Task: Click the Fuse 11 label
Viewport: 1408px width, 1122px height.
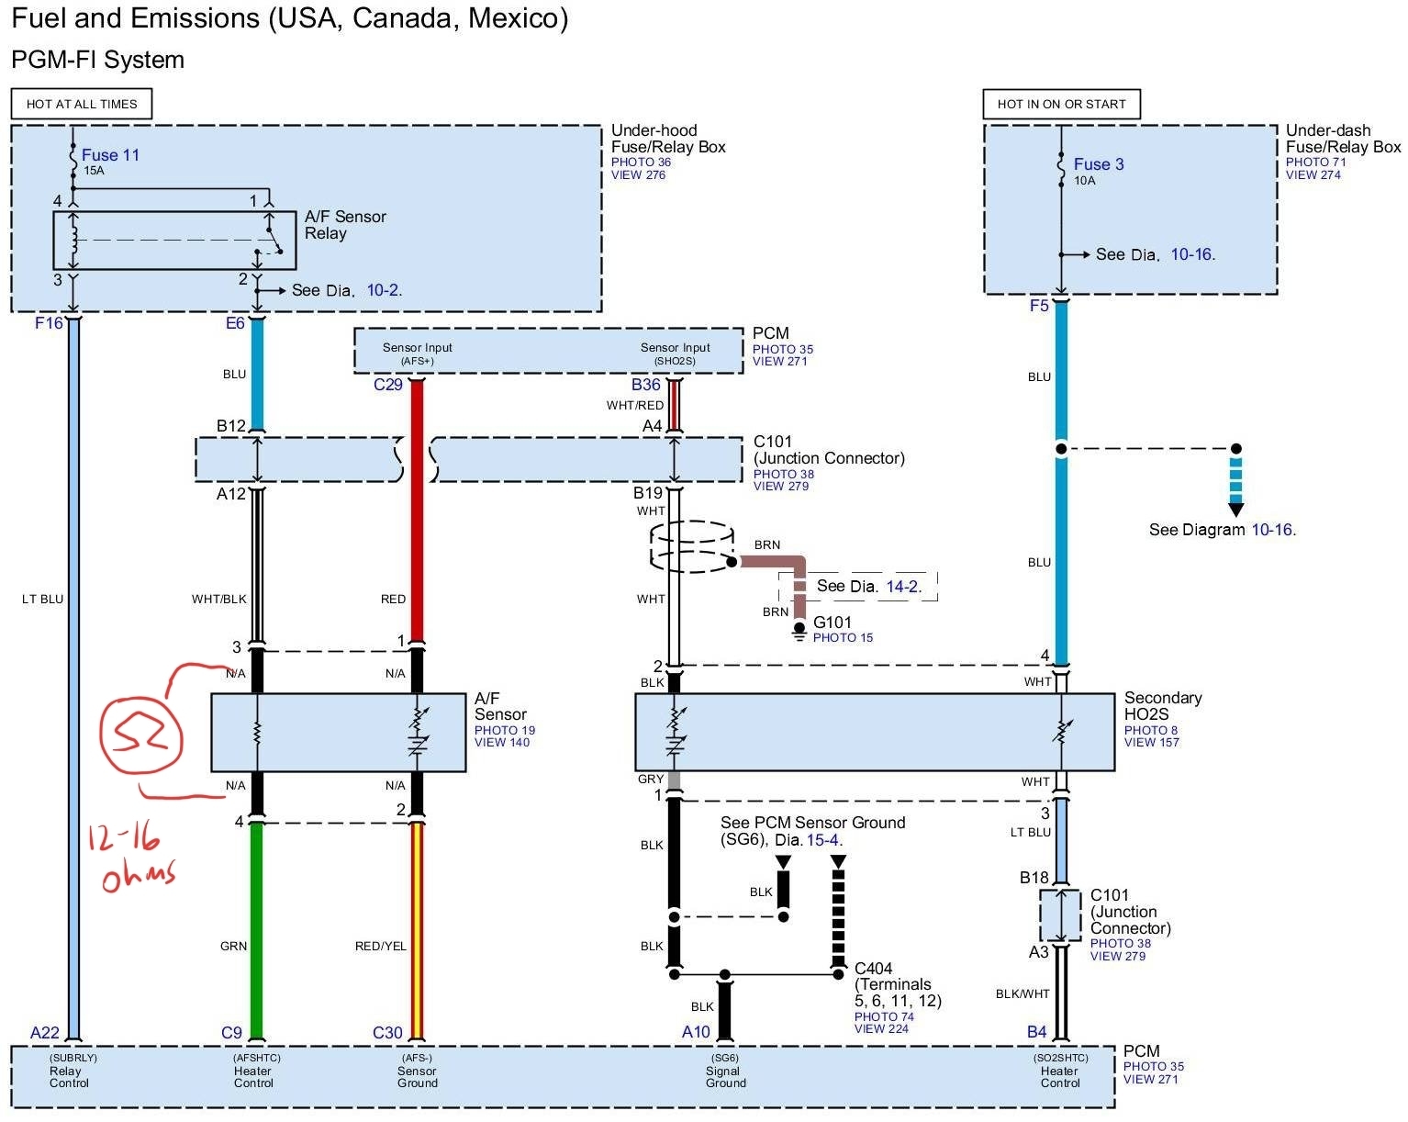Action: [x=110, y=155]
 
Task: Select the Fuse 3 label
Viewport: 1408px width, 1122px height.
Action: [x=1099, y=164]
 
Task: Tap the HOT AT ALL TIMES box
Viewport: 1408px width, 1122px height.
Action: [x=82, y=104]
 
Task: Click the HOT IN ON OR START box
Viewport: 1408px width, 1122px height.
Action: [x=1061, y=104]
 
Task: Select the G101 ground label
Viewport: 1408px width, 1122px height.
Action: [x=832, y=623]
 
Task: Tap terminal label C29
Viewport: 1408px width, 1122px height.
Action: [x=387, y=385]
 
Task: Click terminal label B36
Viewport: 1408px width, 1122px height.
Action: [x=645, y=385]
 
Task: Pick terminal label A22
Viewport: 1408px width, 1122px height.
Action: [x=44, y=1033]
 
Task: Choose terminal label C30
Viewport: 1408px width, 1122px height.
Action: [x=387, y=1033]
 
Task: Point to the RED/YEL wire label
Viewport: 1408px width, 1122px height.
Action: [x=380, y=946]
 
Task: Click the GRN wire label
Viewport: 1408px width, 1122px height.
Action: [x=233, y=946]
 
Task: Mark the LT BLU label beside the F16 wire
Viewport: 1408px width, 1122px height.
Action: [x=42, y=599]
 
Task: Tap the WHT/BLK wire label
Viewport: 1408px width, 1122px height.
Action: [x=218, y=599]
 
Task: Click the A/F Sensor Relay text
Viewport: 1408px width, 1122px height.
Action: [x=345, y=225]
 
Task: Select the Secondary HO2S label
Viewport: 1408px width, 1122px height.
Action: [x=1162, y=706]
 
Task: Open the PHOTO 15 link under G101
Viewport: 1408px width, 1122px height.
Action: [x=843, y=638]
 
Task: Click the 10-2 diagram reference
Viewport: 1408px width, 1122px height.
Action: [x=383, y=290]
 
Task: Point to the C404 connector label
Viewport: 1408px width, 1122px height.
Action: [x=873, y=969]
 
